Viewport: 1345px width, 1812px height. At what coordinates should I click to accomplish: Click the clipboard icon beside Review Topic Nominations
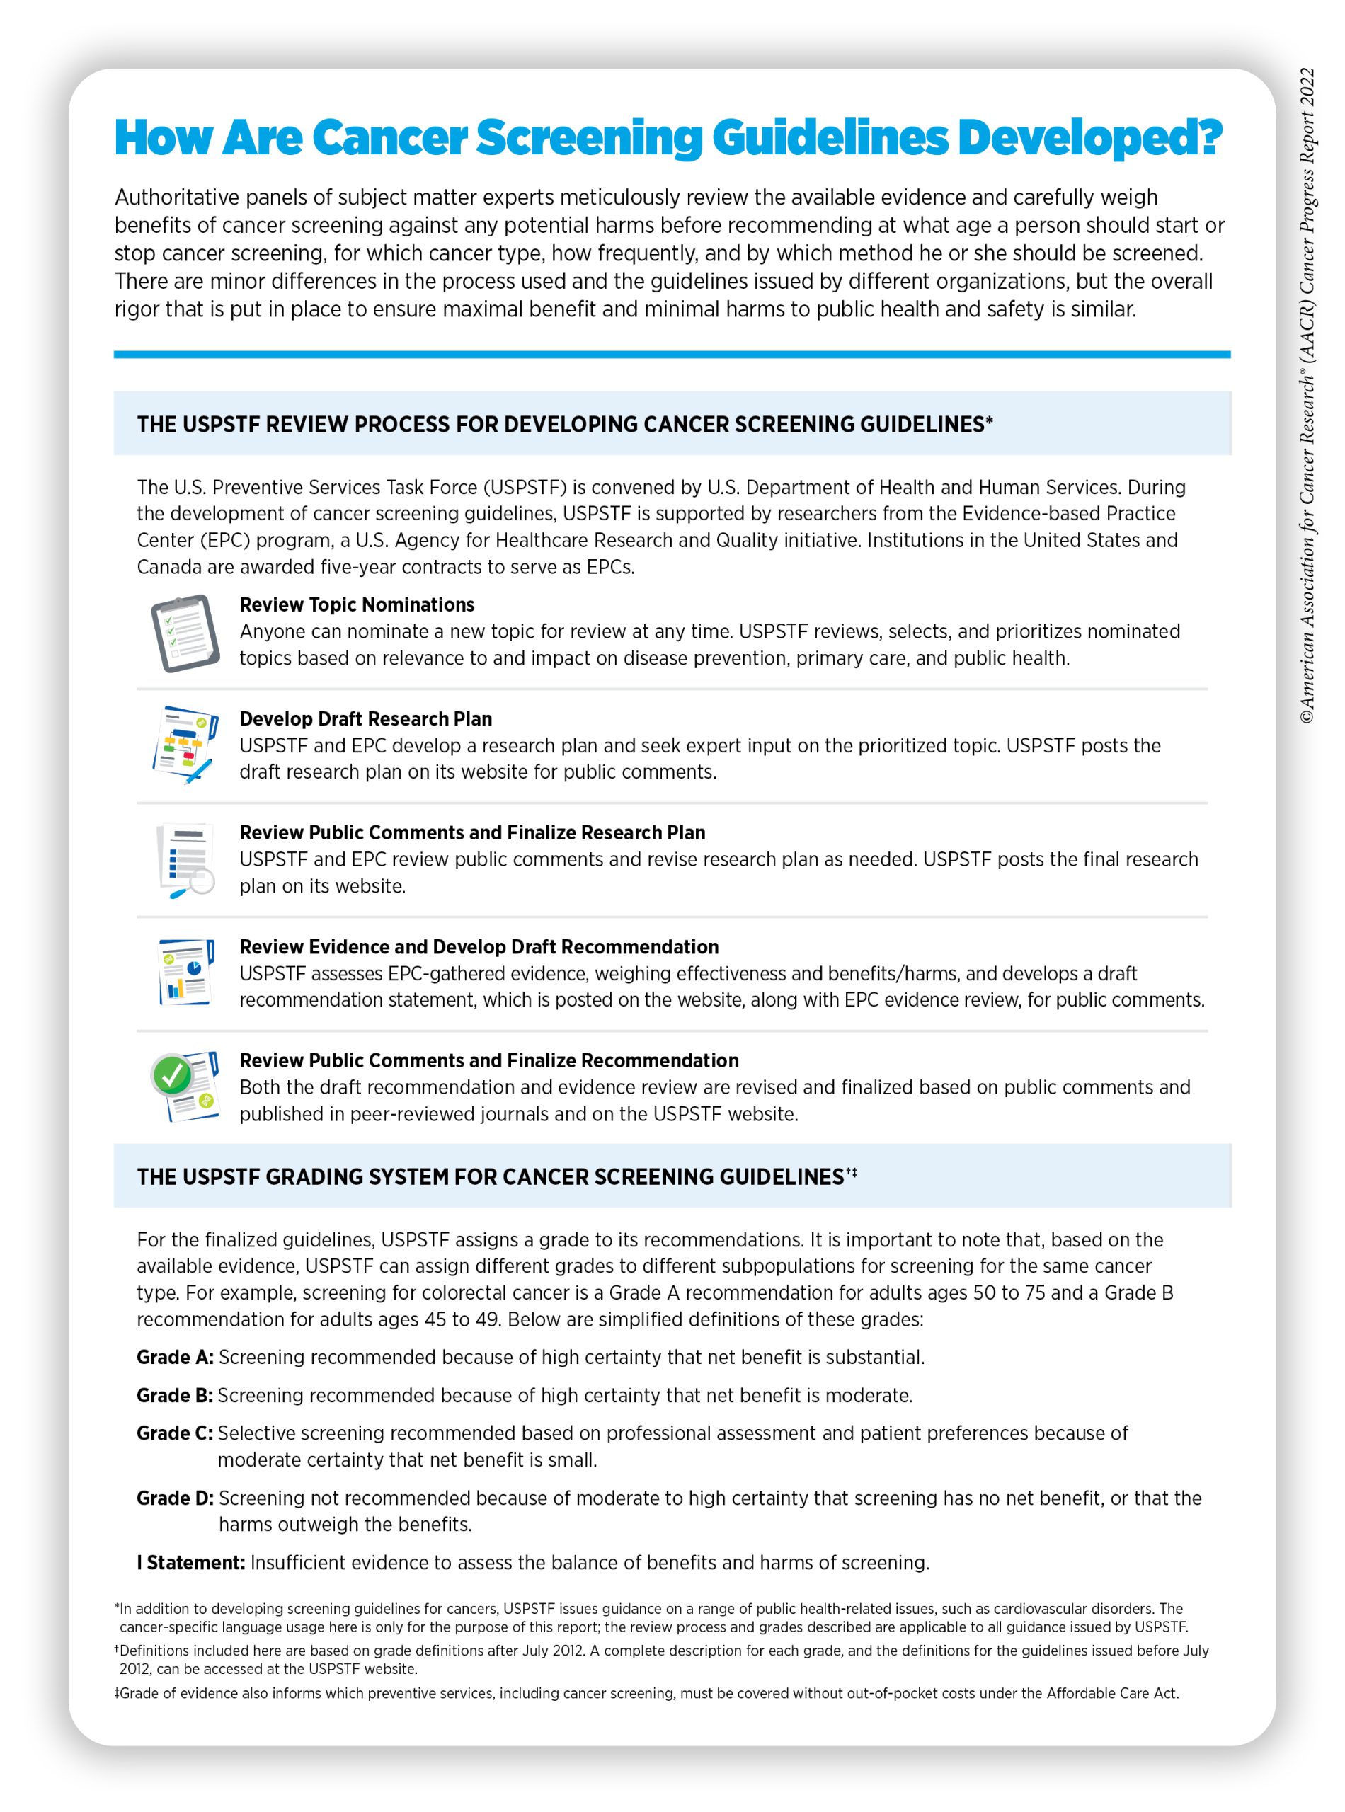[x=185, y=633]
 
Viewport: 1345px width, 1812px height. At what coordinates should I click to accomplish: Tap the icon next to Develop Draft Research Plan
[x=185, y=744]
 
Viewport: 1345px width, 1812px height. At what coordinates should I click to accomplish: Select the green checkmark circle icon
[x=172, y=1075]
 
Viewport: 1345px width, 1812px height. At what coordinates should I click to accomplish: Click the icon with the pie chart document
[x=186, y=972]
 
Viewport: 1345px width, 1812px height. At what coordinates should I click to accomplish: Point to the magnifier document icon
[x=186, y=859]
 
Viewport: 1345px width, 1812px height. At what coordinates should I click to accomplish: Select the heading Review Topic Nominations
[x=357, y=604]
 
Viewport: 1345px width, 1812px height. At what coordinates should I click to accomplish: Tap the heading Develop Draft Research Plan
[x=365, y=718]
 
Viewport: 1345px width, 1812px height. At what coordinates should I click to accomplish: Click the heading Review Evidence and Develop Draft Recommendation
[x=479, y=947]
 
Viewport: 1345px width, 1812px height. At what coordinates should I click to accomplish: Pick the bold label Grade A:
[x=175, y=1357]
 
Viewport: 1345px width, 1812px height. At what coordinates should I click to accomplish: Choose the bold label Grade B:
[x=175, y=1395]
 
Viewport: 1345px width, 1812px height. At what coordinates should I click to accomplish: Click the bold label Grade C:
[x=175, y=1433]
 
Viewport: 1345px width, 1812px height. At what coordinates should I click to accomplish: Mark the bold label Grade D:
[x=175, y=1498]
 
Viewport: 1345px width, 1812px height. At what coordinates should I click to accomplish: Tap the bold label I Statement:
[x=190, y=1562]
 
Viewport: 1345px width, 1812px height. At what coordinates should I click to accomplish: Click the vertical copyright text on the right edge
[x=1307, y=396]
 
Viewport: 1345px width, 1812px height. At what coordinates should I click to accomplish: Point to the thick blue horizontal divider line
[x=672, y=355]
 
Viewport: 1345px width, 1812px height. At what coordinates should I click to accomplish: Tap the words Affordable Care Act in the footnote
[x=1111, y=1693]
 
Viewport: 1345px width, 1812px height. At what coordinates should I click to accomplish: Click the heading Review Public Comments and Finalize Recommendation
[x=488, y=1061]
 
